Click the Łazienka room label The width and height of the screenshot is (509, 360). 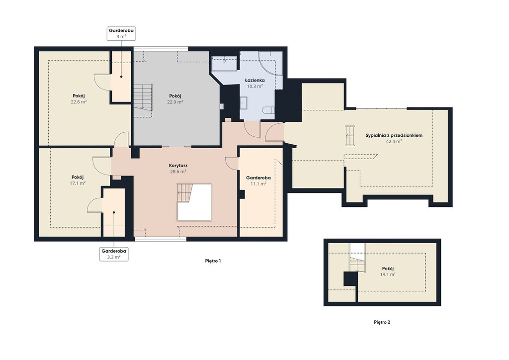254,80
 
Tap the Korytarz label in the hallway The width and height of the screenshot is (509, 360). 178,166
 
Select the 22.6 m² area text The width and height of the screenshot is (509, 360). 79,101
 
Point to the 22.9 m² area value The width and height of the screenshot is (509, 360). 175,101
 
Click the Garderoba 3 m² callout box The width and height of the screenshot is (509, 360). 121,33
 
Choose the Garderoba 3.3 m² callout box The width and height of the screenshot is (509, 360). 114,254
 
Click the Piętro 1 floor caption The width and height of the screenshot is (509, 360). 213,261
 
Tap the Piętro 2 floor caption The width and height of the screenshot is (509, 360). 382,322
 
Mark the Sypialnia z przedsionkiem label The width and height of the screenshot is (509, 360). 394,135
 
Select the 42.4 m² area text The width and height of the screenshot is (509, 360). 394,141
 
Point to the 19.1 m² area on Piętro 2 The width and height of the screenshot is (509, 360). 388,274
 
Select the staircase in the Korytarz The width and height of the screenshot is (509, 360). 183,193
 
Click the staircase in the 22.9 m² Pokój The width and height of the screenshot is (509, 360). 143,96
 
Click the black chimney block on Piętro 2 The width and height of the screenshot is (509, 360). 350,279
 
